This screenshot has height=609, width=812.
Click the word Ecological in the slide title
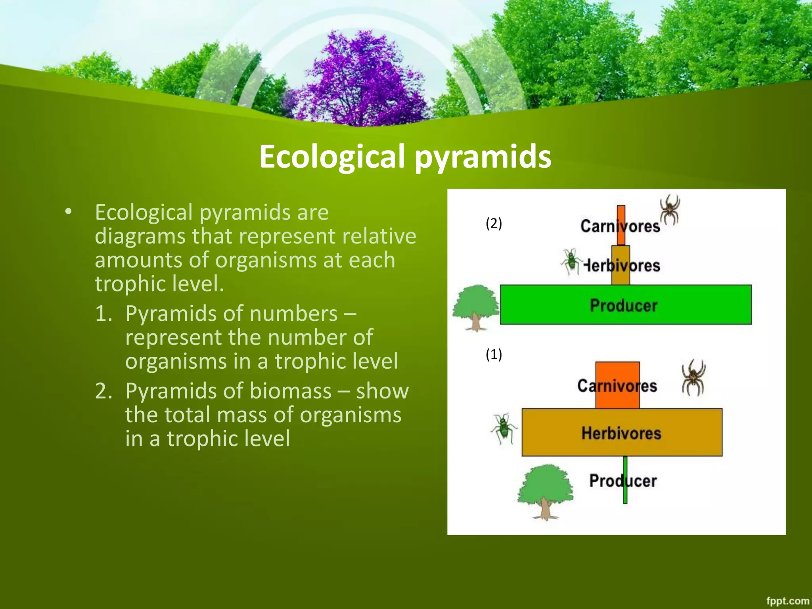coord(332,157)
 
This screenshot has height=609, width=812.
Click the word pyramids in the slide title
coord(483,157)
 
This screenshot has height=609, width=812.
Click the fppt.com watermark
coord(787,601)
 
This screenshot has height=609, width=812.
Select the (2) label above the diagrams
coord(494,223)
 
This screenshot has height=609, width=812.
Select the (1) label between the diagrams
coord(494,354)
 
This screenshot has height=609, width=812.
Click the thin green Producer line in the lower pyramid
coord(625,496)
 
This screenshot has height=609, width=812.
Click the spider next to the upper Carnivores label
coord(670,209)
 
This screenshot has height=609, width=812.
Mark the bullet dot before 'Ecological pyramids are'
coord(69,212)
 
